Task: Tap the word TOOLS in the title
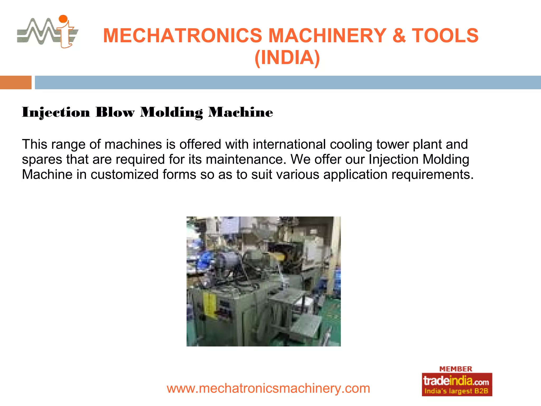[445, 36]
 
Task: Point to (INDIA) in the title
[287, 58]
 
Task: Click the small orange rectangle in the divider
[16, 82]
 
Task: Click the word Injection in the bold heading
[56, 112]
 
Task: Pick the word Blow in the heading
[115, 112]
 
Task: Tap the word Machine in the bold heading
[240, 112]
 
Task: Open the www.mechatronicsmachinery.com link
[268, 388]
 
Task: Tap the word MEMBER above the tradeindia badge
[456, 369]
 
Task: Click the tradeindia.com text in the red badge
[456, 381]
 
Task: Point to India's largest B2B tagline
[456, 391]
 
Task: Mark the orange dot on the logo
[63, 19]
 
